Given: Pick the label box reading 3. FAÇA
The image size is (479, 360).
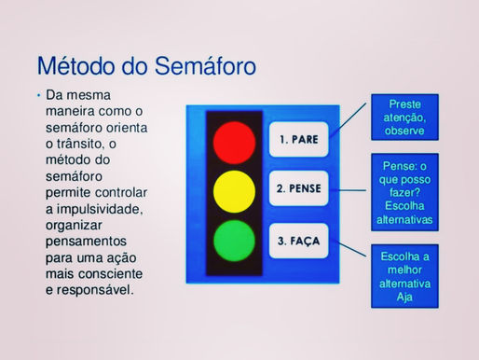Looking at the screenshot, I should pyautogui.click(x=298, y=241).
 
